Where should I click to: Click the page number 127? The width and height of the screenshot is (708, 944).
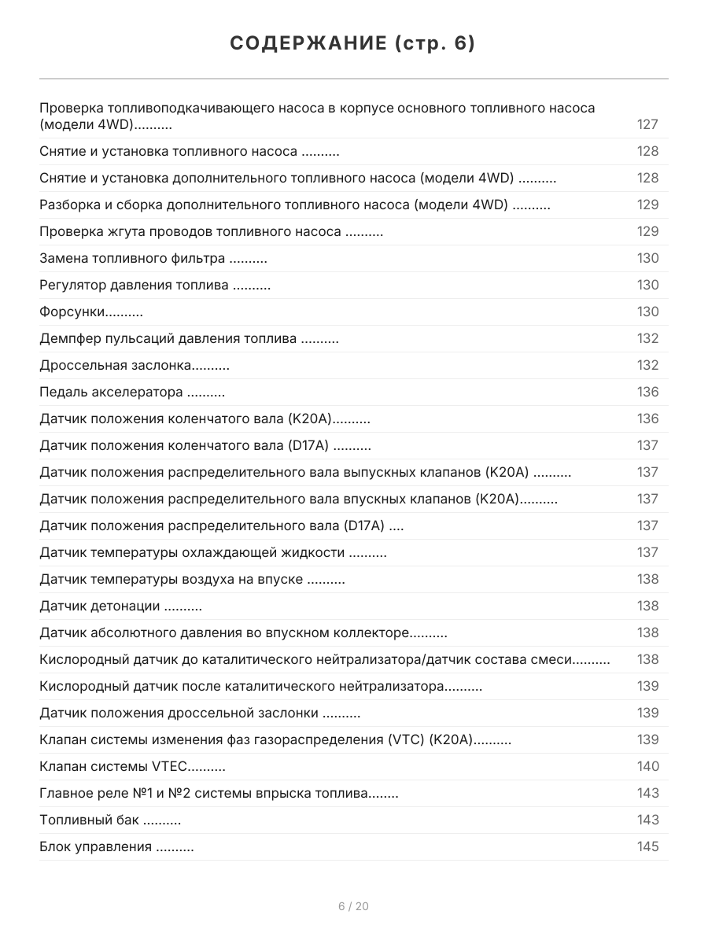pos(647,124)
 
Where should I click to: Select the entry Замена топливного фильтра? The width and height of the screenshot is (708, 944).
pos(132,258)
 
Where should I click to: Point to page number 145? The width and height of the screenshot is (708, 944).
pos(647,846)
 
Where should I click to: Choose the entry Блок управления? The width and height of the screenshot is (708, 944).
pos(95,846)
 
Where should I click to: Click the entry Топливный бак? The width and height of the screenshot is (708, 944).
pos(89,820)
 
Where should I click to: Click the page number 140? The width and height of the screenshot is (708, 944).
pos(647,766)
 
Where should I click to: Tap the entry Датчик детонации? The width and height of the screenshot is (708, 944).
pos(100,606)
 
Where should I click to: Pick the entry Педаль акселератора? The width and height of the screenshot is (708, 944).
pos(111,392)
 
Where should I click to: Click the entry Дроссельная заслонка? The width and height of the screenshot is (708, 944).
pos(115,365)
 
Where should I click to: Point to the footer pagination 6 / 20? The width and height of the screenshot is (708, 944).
pos(353,906)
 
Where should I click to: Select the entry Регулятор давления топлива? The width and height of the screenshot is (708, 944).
pos(134,285)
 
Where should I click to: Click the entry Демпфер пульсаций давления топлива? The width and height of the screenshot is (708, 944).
pos(168,338)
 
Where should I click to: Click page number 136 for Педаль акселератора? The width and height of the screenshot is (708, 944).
pos(647,392)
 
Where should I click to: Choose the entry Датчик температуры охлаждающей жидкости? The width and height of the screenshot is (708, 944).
pos(192,552)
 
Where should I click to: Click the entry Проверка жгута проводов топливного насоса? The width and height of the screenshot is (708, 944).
pos(190,231)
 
